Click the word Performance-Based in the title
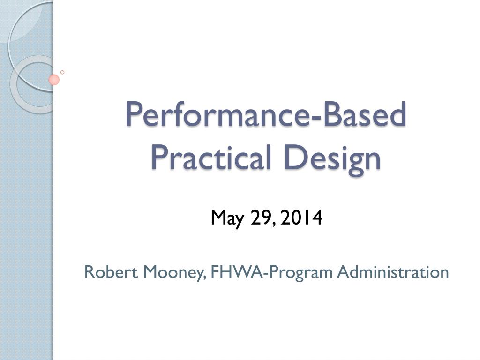pyautogui.click(x=265, y=115)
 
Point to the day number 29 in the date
pyautogui.click(x=261, y=218)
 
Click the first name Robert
pyautogui.click(x=111, y=271)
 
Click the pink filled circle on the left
pyautogui.click(x=54, y=80)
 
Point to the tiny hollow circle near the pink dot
pyautogui.click(x=62, y=72)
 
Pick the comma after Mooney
pyautogui.click(x=206, y=277)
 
